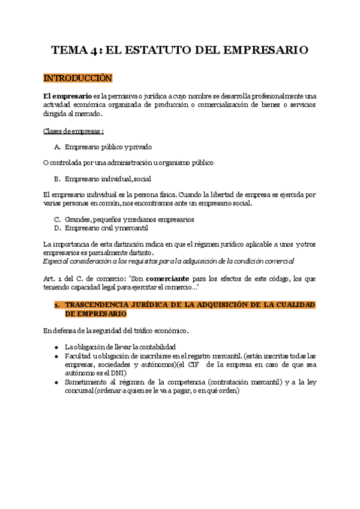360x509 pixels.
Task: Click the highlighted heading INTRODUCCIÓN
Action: click(x=77, y=79)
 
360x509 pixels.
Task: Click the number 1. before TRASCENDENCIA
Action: click(x=56, y=305)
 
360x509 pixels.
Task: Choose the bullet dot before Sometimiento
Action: click(x=56, y=382)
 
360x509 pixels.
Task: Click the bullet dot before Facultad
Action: click(x=56, y=357)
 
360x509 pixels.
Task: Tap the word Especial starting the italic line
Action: click(x=56, y=261)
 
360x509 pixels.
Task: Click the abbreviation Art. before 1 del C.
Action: click(x=49, y=278)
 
